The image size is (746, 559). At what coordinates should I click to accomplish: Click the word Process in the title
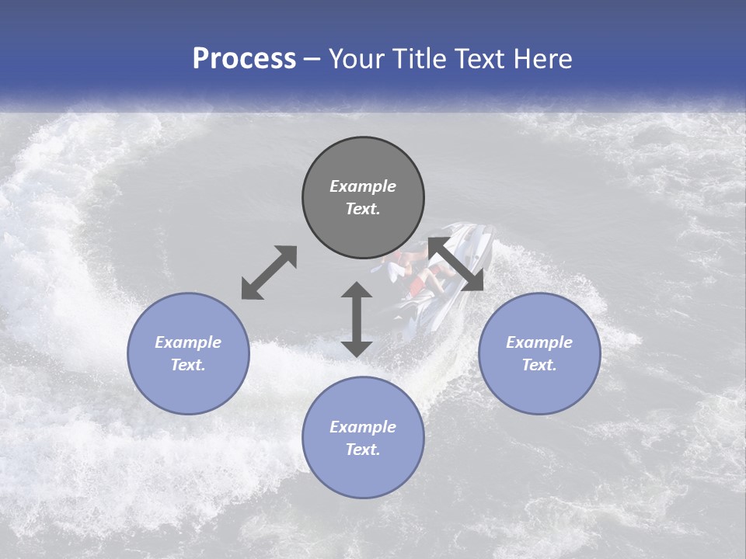pos(244,59)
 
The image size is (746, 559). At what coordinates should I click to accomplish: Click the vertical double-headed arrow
pos(357,319)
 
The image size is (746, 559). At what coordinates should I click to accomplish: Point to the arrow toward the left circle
pos(269,273)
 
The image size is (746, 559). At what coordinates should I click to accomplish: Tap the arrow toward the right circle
pos(456,264)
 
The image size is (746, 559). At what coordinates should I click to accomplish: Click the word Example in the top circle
pos(363,186)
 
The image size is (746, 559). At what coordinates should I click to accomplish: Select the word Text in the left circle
pos(188,365)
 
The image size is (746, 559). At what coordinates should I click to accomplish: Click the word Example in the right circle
pos(539,342)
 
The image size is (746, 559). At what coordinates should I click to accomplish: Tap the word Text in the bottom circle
pos(363,450)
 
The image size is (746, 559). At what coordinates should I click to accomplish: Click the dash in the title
pos(312,59)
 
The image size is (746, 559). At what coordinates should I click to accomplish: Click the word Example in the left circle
pos(188,342)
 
